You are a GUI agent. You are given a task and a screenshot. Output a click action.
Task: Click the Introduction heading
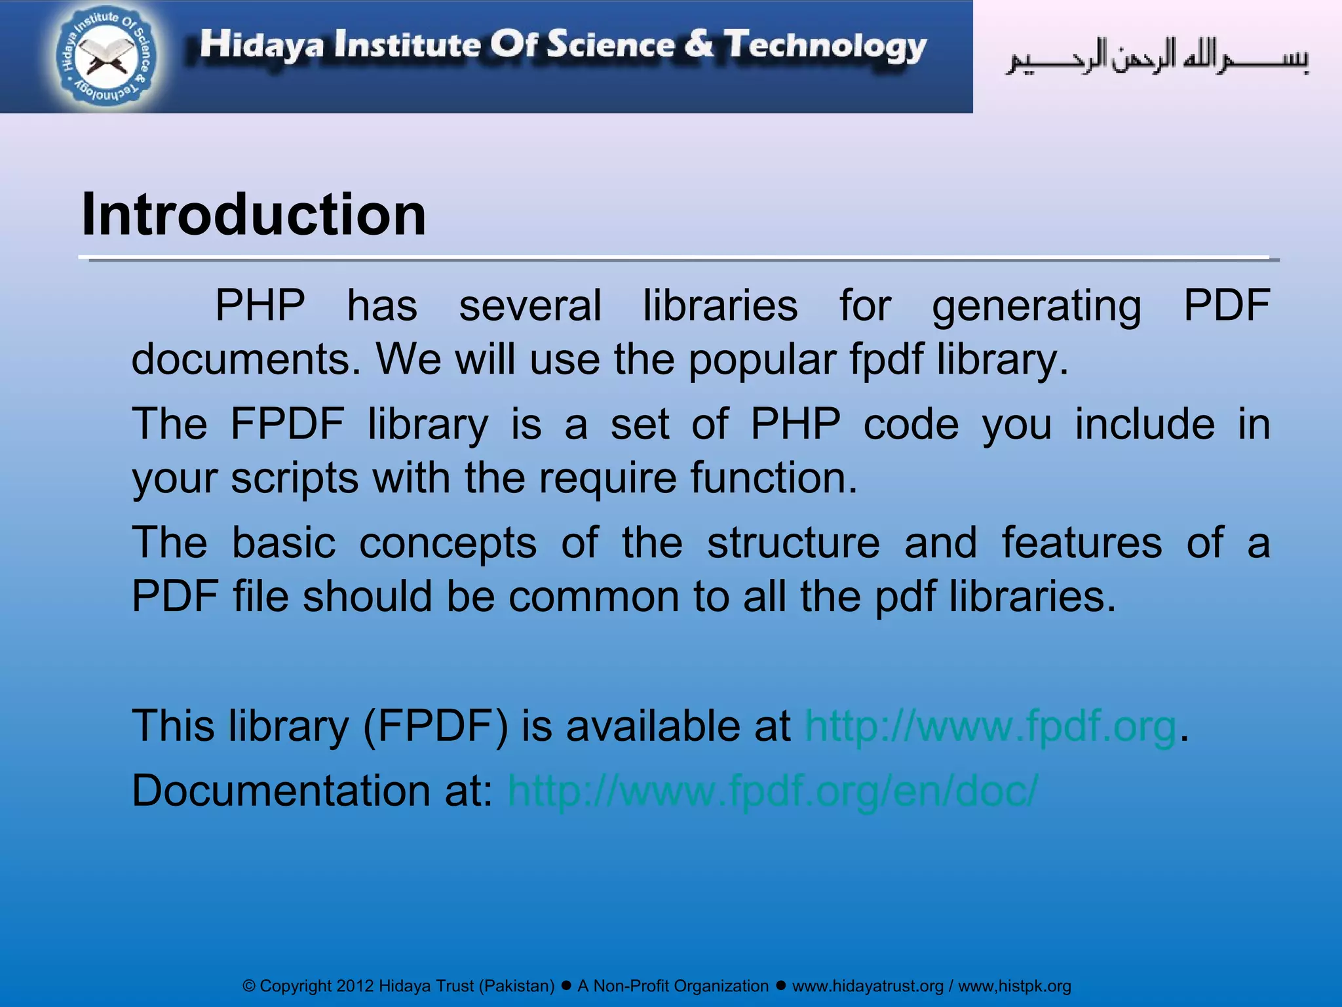tap(254, 214)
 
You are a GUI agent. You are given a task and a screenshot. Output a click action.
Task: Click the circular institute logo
tap(107, 57)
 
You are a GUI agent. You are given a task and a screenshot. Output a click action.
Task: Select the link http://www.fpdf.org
tap(990, 726)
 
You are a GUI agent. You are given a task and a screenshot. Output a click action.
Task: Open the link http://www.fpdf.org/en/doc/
tap(773, 791)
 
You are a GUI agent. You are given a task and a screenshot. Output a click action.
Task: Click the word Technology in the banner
tap(825, 46)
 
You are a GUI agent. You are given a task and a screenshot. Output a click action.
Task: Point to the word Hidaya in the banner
tap(261, 46)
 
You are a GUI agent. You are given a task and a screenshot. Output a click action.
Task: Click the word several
tap(529, 306)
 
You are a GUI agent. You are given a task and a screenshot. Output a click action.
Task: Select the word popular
tap(762, 360)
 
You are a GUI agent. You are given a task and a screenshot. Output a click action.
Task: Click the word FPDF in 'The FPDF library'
tap(287, 424)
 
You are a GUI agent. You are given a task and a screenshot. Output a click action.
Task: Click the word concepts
tap(448, 543)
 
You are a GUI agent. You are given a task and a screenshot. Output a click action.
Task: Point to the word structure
tap(794, 543)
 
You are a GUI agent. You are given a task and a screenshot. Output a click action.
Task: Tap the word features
tap(1081, 543)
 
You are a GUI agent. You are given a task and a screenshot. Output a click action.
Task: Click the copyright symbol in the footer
tap(249, 986)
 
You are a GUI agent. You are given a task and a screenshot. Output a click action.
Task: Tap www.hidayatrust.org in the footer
tap(868, 986)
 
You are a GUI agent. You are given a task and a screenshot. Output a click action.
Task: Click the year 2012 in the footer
tap(355, 986)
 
